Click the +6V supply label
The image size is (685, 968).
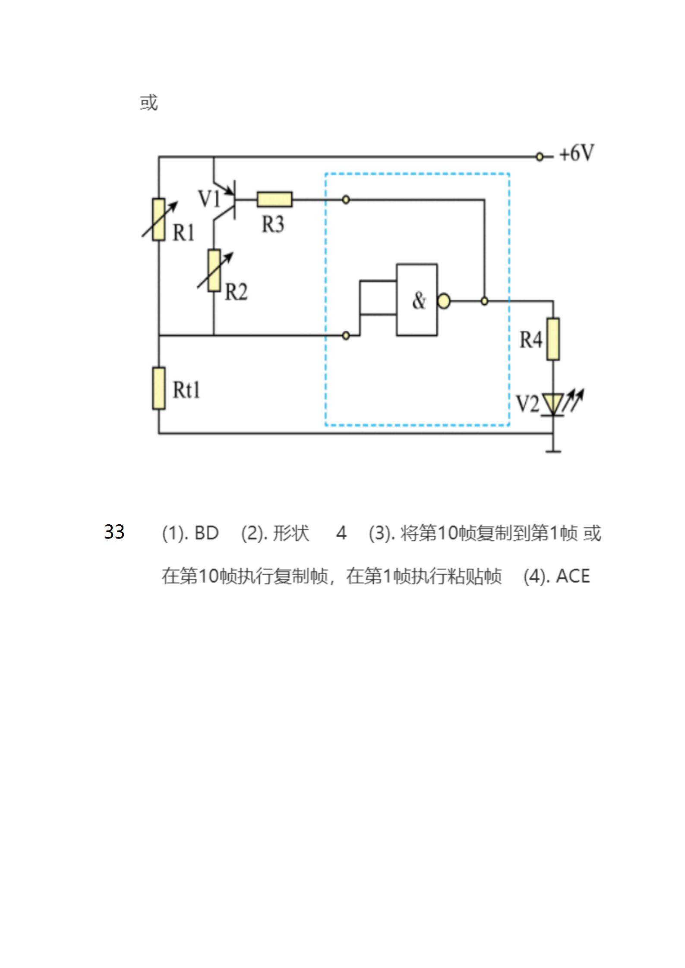click(x=576, y=153)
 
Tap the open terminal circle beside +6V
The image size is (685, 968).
click(x=539, y=157)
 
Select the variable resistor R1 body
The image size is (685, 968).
click(x=159, y=219)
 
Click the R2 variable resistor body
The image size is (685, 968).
click(x=214, y=270)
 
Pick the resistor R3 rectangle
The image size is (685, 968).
click(x=275, y=199)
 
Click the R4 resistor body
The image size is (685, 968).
click(x=553, y=339)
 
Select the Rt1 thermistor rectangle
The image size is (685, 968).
click(x=159, y=388)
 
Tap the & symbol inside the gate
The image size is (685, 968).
click(x=418, y=301)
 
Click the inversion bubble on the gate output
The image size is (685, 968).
click(x=444, y=301)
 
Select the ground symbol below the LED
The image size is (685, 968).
click(x=553, y=451)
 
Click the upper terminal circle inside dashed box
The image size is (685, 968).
click(x=346, y=200)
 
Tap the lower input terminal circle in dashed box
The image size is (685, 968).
click(x=346, y=335)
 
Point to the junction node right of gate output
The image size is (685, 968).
click(x=484, y=301)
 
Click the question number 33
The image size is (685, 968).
click(x=114, y=532)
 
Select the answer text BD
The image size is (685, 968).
click(x=206, y=533)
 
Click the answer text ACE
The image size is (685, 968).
click(x=573, y=576)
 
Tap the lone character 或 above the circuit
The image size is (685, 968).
click(x=149, y=103)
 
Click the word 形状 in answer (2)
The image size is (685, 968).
click(x=291, y=533)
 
